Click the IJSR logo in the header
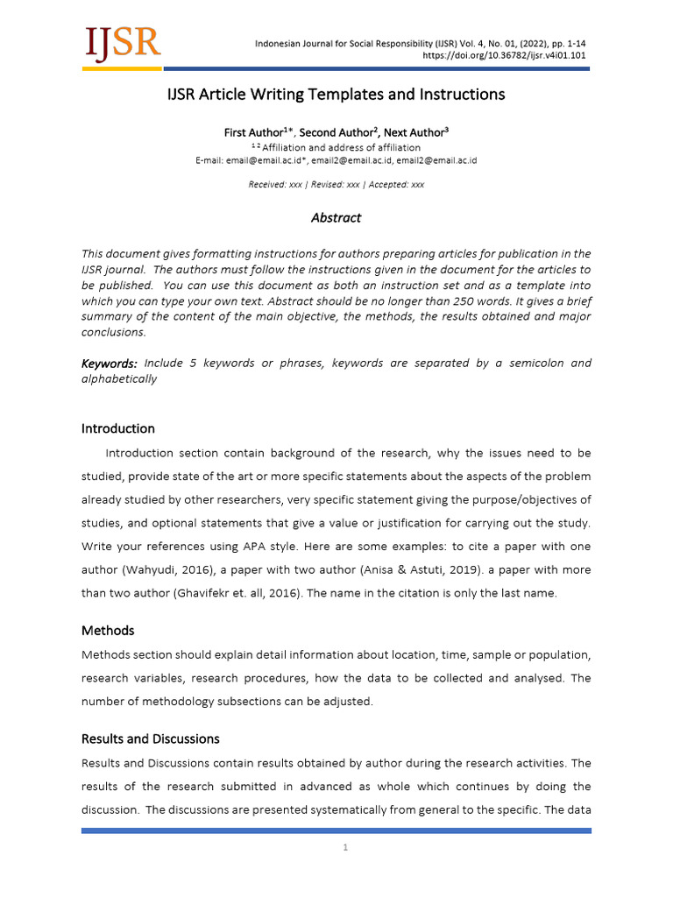click(x=122, y=44)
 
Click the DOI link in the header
click(x=505, y=55)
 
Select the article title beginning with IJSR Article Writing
click(x=336, y=94)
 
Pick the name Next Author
click(x=416, y=132)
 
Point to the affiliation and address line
click(x=336, y=147)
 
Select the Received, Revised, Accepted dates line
click(x=336, y=185)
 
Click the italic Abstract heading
click(x=336, y=218)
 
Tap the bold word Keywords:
click(x=110, y=364)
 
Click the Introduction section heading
click(x=118, y=428)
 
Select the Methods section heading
click(x=108, y=631)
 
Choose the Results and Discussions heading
click(x=151, y=738)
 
